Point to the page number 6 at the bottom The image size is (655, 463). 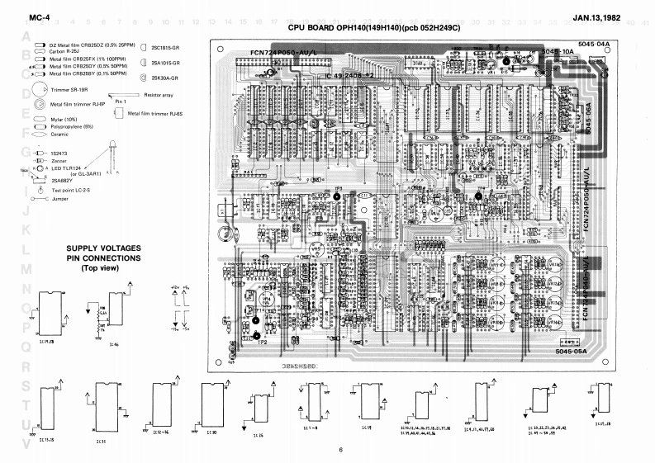pos(339,450)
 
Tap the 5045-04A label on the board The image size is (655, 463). pos(594,42)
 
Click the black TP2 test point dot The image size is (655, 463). pos(259,336)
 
